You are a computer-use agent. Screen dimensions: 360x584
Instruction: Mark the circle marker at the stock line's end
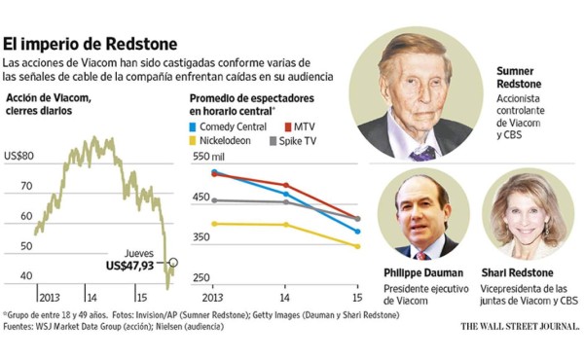173,262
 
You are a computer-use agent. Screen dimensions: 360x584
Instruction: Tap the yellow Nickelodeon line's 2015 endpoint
357,246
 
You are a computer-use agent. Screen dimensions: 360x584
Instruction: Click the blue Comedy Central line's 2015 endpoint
357,232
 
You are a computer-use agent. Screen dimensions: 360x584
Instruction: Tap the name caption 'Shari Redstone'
525,272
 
